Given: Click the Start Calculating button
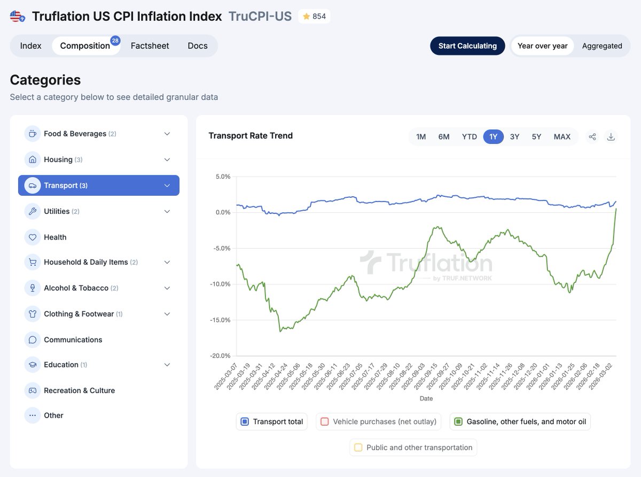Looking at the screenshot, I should (x=467, y=46).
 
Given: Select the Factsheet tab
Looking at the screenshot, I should (x=150, y=46).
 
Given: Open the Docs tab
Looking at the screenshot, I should (x=197, y=46).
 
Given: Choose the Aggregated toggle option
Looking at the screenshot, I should (x=602, y=46).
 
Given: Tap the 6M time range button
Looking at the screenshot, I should (x=444, y=137).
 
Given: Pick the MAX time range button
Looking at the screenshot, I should (x=562, y=137).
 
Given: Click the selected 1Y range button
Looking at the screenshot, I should (x=493, y=137).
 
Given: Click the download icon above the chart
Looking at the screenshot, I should (x=611, y=137).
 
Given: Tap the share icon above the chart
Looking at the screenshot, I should (x=592, y=137).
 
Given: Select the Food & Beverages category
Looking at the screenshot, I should (x=75, y=134).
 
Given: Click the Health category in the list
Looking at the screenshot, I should (x=55, y=237).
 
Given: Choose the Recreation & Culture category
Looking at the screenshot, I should (x=79, y=390).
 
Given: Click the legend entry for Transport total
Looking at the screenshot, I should (x=272, y=421).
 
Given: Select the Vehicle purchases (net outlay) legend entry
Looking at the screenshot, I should (x=379, y=421).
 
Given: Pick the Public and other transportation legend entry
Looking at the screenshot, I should (x=413, y=448).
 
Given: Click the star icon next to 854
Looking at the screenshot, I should (x=306, y=17).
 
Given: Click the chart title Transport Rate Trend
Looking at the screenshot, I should (x=251, y=136).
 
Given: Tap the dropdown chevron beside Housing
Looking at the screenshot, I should (x=167, y=160).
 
